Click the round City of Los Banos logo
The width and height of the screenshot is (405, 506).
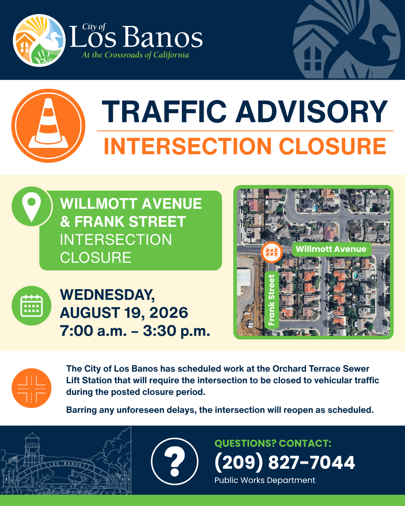click(39, 40)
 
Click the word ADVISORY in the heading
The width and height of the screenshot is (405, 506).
click(312, 112)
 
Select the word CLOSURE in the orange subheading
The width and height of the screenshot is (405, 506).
click(332, 146)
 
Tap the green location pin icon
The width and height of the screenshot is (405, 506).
click(31, 207)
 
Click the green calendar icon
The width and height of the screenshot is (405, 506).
click(31, 306)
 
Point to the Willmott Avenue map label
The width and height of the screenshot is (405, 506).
click(331, 249)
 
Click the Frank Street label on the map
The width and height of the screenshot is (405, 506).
click(272, 300)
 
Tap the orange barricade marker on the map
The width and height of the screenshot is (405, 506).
click(272, 252)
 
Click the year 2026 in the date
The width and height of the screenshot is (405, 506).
click(169, 313)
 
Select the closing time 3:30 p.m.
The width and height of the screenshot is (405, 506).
click(176, 331)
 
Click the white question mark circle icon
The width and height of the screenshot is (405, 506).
click(175, 461)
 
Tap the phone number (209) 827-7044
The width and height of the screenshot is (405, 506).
click(285, 462)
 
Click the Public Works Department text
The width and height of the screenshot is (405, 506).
click(265, 480)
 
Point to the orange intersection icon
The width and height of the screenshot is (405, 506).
click(31, 388)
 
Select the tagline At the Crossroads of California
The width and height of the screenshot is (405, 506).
click(135, 55)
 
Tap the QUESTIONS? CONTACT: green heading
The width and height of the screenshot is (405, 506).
click(273, 443)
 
